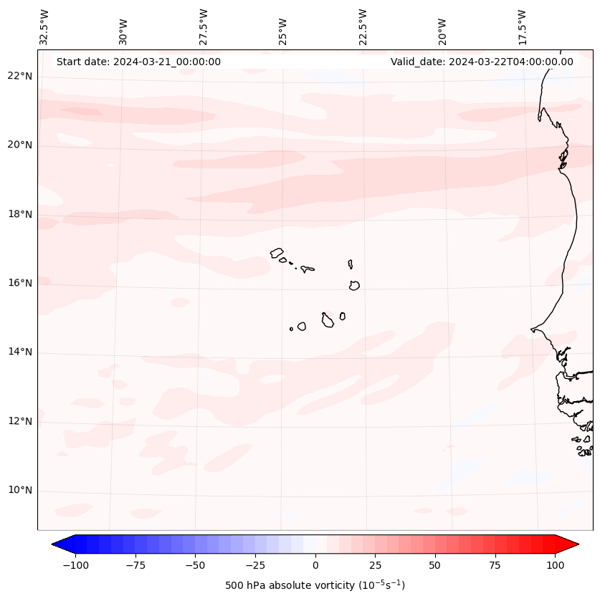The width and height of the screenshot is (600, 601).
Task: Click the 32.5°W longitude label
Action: pyautogui.click(x=44, y=27)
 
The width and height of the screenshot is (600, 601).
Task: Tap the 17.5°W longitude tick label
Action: pyautogui.click(x=522, y=27)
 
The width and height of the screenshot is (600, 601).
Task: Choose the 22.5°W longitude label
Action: pyautogui.click(x=363, y=27)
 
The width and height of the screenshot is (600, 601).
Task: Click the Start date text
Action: pyautogui.click(x=138, y=62)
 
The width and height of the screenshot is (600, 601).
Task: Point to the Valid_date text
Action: pyautogui.click(x=482, y=62)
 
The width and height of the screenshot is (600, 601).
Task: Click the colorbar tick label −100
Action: pyautogui.click(x=75, y=565)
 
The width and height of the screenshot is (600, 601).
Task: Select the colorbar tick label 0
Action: pyautogui.click(x=315, y=565)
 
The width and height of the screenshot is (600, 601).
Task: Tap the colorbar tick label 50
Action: pyautogui.click(x=435, y=565)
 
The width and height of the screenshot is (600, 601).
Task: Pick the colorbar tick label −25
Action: pyautogui.click(x=255, y=565)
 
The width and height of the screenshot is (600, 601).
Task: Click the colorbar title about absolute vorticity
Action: pyautogui.click(x=315, y=585)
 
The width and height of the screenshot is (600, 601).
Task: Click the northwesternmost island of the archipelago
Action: pyautogui.click(x=277, y=253)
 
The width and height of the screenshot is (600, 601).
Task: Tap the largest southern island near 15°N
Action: pyautogui.click(x=328, y=321)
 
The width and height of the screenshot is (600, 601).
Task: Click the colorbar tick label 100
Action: pyautogui.click(x=555, y=565)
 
